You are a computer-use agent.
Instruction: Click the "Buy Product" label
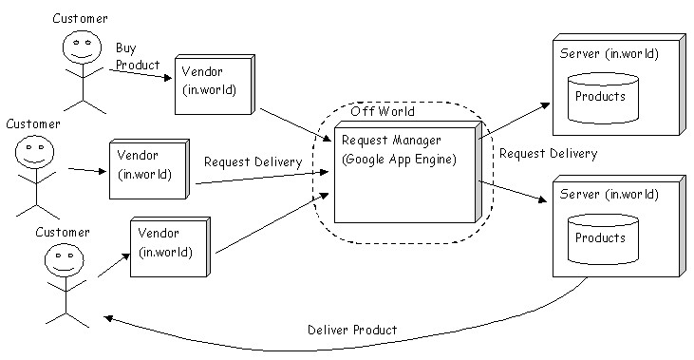pyautogui.click(x=138, y=56)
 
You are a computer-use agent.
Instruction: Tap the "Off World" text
pyautogui.click(x=383, y=111)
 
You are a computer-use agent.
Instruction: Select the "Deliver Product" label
pyautogui.click(x=352, y=330)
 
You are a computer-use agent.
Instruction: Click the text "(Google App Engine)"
pyautogui.click(x=399, y=160)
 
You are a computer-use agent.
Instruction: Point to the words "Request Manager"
pyautogui.click(x=391, y=141)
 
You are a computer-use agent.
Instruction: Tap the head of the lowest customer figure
pyautogui.click(x=65, y=258)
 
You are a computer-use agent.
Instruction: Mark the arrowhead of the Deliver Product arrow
pyautogui.click(x=108, y=318)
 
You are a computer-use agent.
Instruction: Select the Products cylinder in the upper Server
pyautogui.click(x=603, y=98)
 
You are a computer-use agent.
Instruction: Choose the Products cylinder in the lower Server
pyautogui.click(x=603, y=239)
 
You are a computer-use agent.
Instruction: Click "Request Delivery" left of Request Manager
pyautogui.click(x=253, y=162)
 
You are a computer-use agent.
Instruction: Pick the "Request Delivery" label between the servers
pyautogui.click(x=549, y=154)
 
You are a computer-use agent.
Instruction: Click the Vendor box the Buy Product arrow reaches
pyautogui.click(x=215, y=85)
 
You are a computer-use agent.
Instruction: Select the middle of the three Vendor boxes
pyautogui.click(x=149, y=169)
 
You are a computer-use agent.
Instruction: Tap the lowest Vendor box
pyautogui.click(x=170, y=247)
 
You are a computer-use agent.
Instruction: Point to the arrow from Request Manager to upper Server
pyautogui.click(x=515, y=121)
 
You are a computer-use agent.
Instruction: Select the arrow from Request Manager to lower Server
pyautogui.click(x=514, y=191)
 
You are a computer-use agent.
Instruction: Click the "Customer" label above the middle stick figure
pyautogui.click(x=33, y=124)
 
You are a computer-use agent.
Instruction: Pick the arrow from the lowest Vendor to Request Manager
pyautogui.click(x=272, y=223)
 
